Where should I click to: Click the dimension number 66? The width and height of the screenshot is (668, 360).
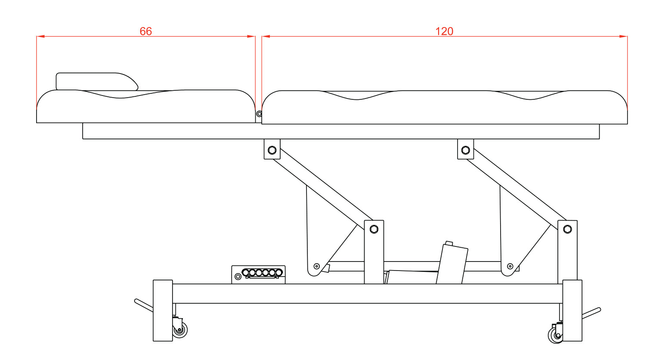click(145, 31)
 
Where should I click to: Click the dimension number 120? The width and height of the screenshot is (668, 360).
click(444, 31)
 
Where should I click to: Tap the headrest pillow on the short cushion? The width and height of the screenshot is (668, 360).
click(97, 81)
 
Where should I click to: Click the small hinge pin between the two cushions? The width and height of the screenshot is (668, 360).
click(259, 114)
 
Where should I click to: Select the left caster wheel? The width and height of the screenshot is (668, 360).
click(179, 329)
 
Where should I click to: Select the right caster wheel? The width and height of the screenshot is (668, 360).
click(556, 335)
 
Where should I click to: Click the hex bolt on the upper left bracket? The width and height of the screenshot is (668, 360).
click(272, 150)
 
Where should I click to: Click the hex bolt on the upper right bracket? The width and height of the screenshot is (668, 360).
click(466, 150)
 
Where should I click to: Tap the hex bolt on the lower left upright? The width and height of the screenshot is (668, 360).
click(374, 229)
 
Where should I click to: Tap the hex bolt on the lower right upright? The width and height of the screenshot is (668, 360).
click(568, 229)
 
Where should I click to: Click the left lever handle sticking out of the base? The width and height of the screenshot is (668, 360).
click(144, 305)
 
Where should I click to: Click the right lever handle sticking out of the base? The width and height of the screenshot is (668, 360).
click(591, 314)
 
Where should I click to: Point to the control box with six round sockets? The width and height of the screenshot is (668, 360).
click(258, 274)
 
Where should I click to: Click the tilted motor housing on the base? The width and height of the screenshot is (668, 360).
click(452, 263)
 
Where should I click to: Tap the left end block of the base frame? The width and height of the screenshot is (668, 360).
click(163, 310)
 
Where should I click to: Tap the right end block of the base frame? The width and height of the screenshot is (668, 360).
click(572, 310)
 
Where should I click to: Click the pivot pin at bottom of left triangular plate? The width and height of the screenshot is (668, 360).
click(317, 266)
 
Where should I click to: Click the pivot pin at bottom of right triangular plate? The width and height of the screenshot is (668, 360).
click(510, 266)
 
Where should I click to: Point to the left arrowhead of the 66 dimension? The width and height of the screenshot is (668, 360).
click(40, 37)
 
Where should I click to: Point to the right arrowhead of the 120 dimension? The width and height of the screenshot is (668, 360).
click(623, 37)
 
